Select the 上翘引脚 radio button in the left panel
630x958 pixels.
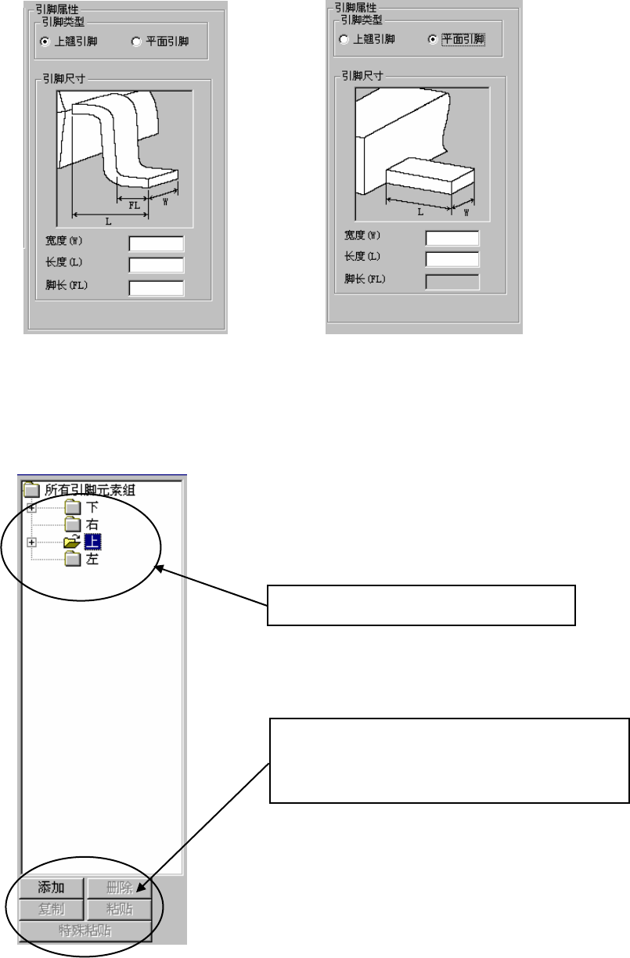coord(45,41)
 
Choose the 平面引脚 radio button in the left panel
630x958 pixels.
coord(137,41)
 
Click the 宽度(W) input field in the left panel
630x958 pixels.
coord(156,243)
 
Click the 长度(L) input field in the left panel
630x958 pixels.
coord(156,265)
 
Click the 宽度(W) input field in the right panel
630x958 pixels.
coord(452,238)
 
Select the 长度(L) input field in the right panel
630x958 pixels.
coord(452,259)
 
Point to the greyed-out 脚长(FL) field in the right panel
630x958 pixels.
coord(452,281)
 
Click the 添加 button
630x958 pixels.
coord(52,888)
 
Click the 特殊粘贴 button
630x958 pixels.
coord(85,930)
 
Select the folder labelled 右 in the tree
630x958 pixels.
coord(92,524)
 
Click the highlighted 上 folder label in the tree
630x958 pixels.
coord(92,542)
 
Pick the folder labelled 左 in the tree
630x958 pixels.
coord(92,560)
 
